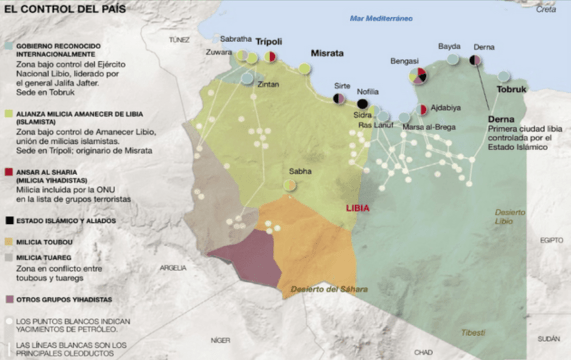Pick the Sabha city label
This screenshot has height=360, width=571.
pyautogui.click(x=300, y=171)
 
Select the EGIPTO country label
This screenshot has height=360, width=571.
pyautogui.click(x=551, y=240)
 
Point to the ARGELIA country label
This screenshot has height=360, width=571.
pyautogui.click(x=173, y=267)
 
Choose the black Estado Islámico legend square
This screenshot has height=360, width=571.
pyautogui.click(x=9, y=220)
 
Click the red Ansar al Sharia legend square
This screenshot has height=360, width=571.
pyautogui.click(x=9, y=171)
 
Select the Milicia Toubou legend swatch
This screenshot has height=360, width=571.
pyautogui.click(x=9, y=241)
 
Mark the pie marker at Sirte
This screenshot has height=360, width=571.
pyautogui.click(x=341, y=100)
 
